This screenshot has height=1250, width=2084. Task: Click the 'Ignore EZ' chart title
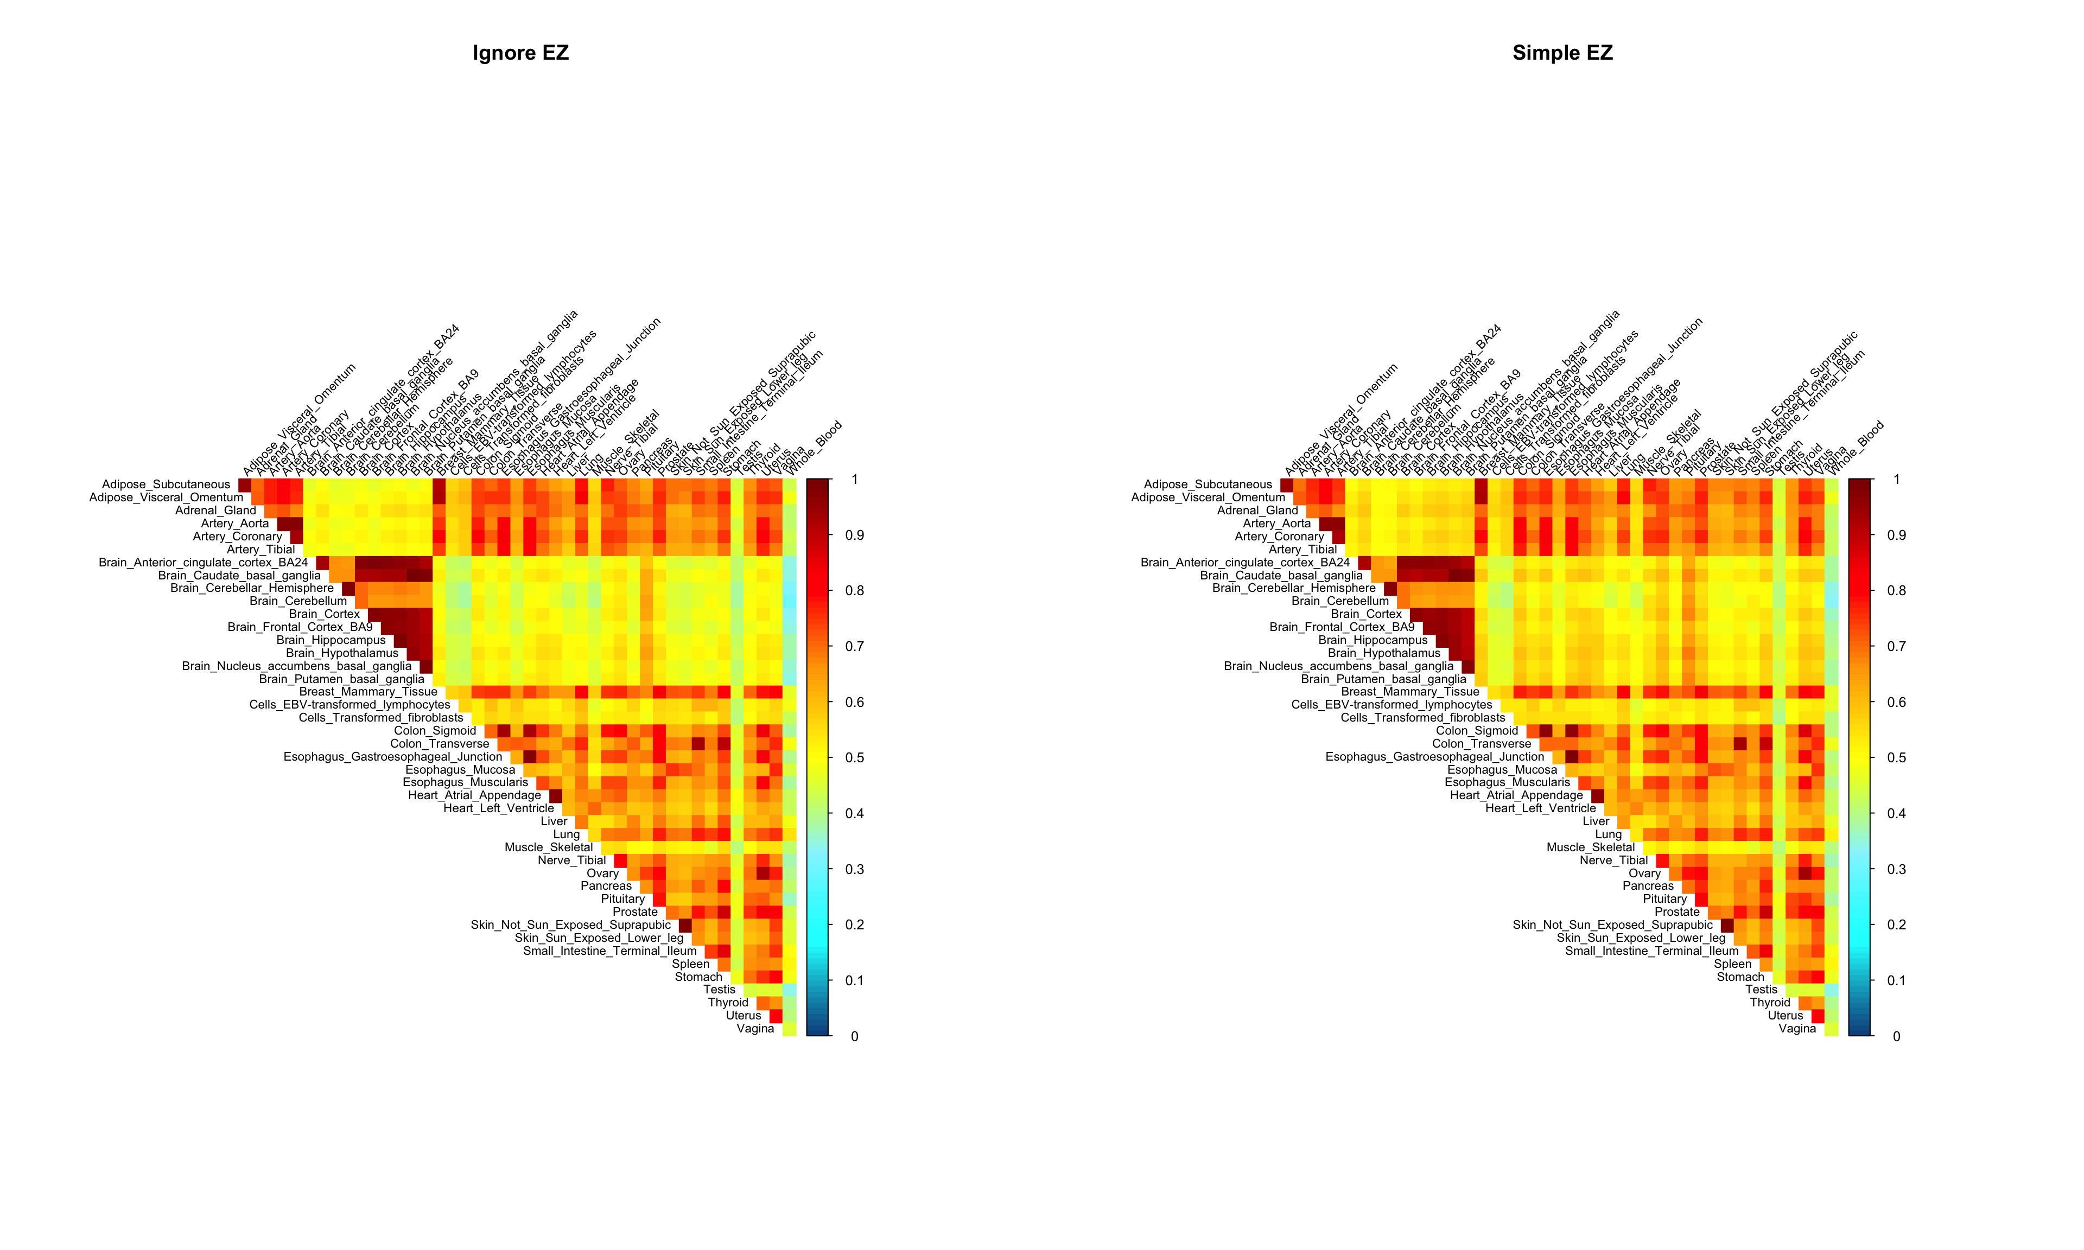(520, 53)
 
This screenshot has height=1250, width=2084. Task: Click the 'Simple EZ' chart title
(1562, 53)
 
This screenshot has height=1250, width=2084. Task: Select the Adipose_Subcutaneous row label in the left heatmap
(166, 484)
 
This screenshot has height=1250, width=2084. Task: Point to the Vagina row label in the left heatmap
(755, 1029)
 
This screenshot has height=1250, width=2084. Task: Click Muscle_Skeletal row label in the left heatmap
(548, 847)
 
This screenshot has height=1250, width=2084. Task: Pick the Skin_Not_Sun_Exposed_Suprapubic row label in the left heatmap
(571, 925)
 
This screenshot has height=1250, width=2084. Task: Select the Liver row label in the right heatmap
(1596, 821)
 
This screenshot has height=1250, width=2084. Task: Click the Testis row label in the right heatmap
(1761, 990)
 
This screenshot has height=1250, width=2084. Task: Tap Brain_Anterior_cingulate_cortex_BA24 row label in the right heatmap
(1245, 562)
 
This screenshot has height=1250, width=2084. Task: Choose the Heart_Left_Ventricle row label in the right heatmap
(1541, 808)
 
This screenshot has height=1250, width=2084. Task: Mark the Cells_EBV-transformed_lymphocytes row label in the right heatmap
(1392, 704)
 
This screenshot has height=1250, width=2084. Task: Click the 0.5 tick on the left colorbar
(854, 758)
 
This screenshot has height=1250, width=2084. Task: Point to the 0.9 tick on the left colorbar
(854, 535)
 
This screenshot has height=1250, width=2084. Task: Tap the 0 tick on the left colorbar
(854, 1037)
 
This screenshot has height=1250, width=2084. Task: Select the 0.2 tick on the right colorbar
(1896, 925)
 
